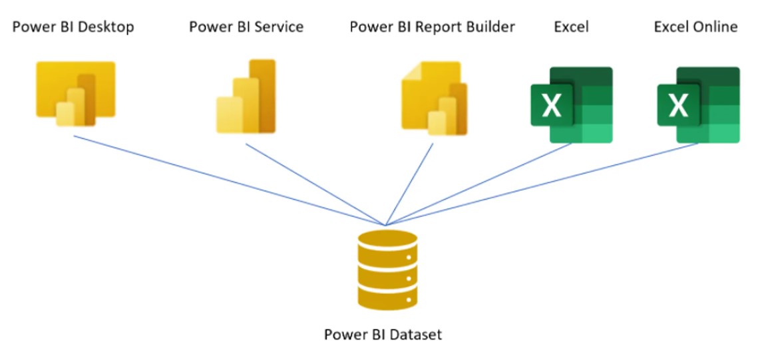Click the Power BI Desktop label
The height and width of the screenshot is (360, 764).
point(73,27)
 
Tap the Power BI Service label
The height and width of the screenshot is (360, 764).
point(246,27)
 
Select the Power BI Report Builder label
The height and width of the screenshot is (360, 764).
point(432,27)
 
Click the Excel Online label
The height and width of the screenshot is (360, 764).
point(695,27)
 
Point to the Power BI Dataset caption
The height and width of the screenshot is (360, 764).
point(383,334)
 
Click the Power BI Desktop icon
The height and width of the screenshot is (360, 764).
point(75,93)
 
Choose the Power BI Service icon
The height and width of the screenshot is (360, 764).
point(246,96)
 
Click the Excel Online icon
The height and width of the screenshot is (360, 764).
point(698,104)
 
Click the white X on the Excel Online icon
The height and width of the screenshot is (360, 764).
point(678,105)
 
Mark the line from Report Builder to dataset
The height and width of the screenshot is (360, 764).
point(409,184)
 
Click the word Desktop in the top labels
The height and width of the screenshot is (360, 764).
point(107,27)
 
